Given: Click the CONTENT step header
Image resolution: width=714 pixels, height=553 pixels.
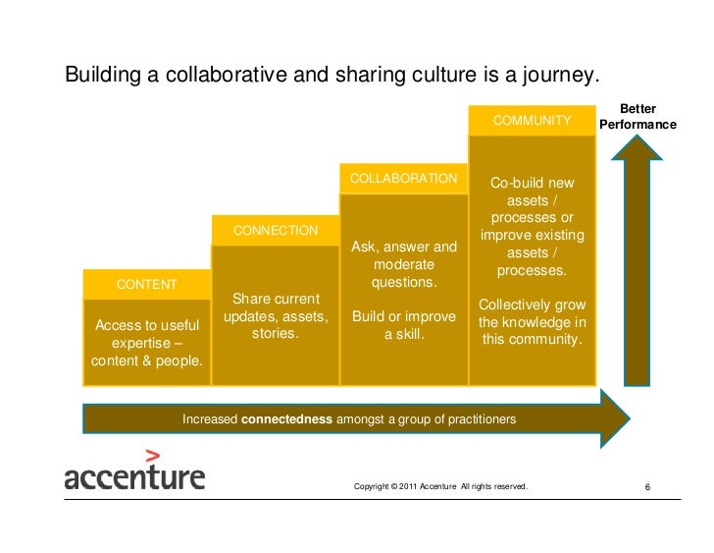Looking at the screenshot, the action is pyautogui.click(x=147, y=285).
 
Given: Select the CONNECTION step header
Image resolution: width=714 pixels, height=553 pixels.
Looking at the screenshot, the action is pyautogui.click(x=276, y=231).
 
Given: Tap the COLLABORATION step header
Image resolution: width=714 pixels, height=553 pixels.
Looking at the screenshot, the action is pyautogui.click(x=403, y=178).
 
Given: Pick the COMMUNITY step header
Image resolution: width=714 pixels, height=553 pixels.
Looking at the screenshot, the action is pyautogui.click(x=532, y=121).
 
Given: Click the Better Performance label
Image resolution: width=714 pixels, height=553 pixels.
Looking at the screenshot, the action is pyautogui.click(x=637, y=118).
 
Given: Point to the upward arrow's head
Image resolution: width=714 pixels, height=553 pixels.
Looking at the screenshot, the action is pyautogui.click(x=637, y=147).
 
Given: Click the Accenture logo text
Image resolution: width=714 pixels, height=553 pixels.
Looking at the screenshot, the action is pyautogui.click(x=134, y=478).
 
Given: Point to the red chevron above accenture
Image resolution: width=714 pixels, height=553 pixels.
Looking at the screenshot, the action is pyautogui.click(x=152, y=455).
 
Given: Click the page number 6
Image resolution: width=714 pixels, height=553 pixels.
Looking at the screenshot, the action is pyautogui.click(x=648, y=487).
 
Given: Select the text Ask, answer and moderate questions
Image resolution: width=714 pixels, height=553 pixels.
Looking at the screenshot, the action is pyautogui.click(x=403, y=264).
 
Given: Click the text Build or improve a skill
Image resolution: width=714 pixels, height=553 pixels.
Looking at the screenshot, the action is pyautogui.click(x=403, y=326).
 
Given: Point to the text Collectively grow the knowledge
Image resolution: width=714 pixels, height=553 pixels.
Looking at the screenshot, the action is pyautogui.click(x=532, y=322).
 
